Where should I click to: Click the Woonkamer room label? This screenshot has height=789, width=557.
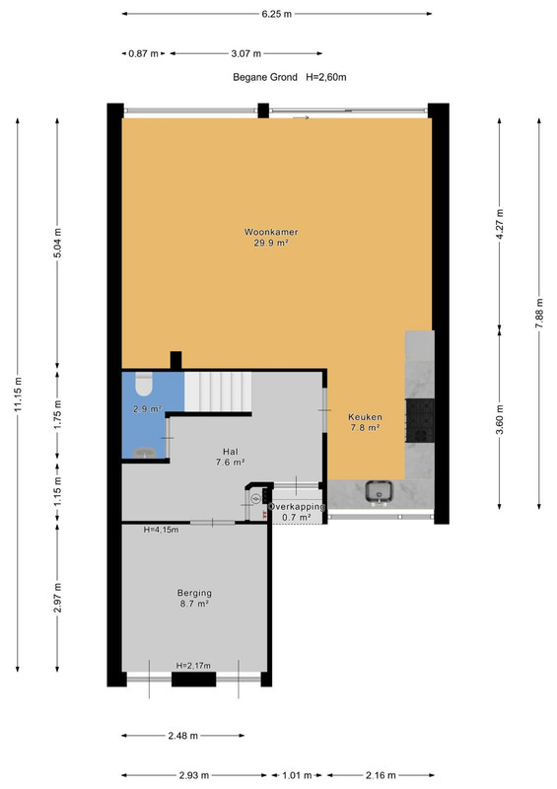coord(271,232)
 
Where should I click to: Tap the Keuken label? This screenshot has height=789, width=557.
coord(365,416)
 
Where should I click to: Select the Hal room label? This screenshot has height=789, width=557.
coord(231,452)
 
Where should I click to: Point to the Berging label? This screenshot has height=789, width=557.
coord(194,593)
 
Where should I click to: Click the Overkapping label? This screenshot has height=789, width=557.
coord(297,507)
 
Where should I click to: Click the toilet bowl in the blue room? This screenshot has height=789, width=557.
coord(144,385)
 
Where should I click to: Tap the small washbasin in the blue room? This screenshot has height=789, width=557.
coord(144,452)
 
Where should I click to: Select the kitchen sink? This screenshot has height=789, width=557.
coord(379,491)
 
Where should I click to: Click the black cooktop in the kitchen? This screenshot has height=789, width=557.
coord(420,420)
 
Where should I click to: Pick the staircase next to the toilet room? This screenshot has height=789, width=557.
coord(218,392)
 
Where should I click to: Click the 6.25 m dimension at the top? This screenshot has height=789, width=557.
coord(276,14)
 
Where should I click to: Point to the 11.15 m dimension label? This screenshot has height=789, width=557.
coord(19,394)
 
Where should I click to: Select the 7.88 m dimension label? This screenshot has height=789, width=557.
coord(539,314)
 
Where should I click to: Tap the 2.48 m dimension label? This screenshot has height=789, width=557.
coord(182,736)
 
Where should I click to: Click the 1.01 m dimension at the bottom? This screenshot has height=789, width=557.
coord(297,775)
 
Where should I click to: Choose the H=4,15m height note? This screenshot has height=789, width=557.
coord(161,530)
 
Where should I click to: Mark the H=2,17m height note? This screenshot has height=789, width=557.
coord(193,665)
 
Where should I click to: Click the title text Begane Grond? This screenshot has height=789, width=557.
coord(265,77)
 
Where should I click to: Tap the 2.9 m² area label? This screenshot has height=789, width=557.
coord(147,409)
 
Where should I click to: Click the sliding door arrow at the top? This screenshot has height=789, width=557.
coord(301,117)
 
